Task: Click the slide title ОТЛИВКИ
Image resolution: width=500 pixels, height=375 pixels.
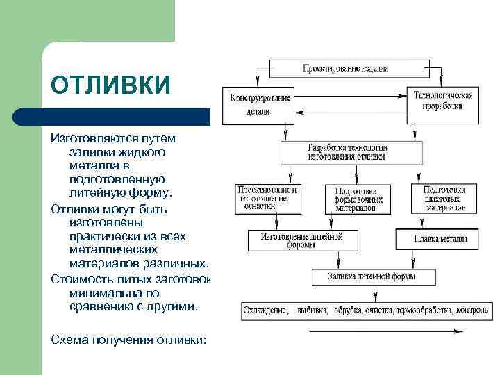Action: point(110,84)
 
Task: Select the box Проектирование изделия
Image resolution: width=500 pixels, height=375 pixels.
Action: point(345,69)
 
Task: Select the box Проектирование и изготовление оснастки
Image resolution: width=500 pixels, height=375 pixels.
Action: point(267,198)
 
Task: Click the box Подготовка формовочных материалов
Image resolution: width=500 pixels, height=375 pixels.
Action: point(356,199)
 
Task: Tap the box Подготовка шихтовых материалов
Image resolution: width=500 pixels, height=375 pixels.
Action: point(445,198)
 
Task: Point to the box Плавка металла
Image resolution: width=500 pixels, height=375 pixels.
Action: point(440,239)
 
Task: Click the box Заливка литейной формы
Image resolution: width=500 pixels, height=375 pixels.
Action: point(372,276)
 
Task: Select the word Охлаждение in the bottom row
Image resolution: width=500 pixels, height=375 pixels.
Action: point(265,310)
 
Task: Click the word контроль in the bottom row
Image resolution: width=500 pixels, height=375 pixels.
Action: point(472,310)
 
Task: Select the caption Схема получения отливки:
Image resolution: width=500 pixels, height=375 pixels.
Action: point(129,339)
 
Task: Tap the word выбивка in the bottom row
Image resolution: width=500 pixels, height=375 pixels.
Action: point(312,310)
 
